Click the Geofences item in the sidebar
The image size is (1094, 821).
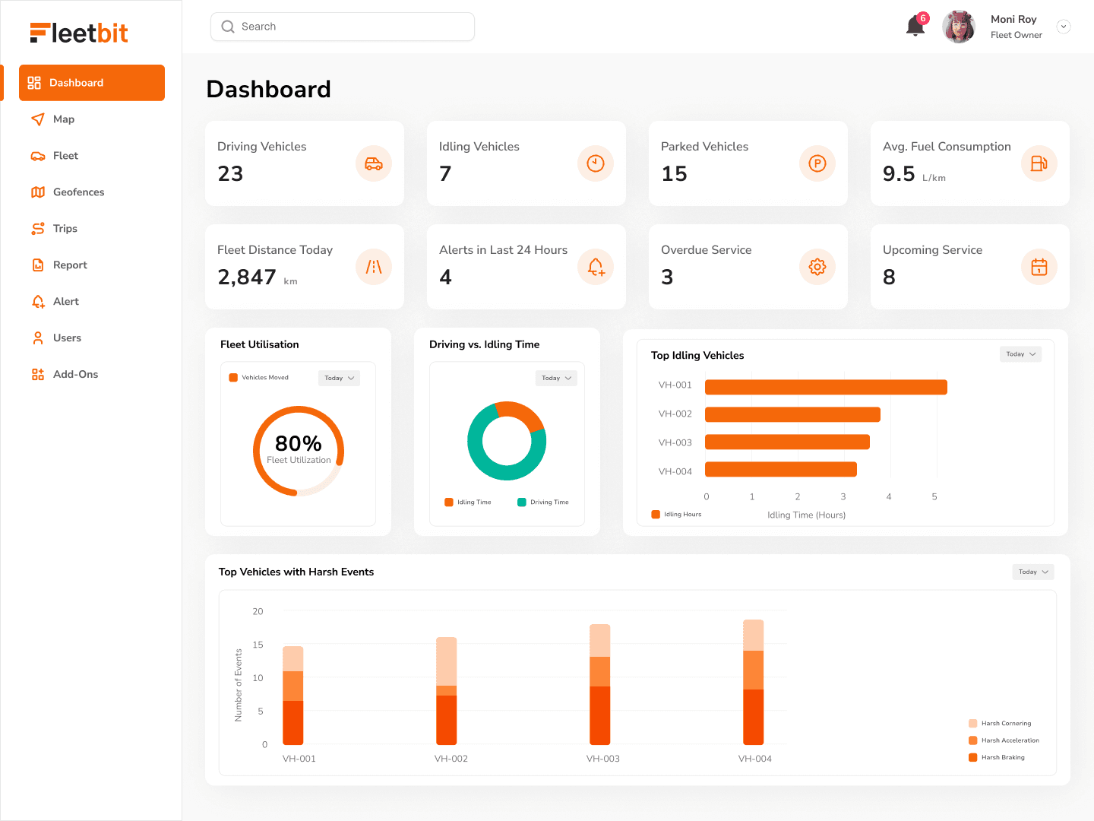point(77,192)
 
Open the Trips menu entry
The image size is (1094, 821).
point(65,229)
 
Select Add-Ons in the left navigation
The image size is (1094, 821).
point(74,375)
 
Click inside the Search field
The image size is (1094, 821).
point(342,27)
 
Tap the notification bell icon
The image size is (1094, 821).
point(915,27)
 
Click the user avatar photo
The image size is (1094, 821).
point(959,27)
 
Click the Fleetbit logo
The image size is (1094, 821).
point(79,33)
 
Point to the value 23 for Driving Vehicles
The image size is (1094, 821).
point(230,174)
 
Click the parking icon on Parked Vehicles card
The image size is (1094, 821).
point(817,163)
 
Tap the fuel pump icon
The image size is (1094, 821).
point(1039,163)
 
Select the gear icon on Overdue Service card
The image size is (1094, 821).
point(817,267)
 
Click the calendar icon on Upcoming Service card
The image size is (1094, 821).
point(1039,267)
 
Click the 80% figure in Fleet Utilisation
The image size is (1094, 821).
point(298,443)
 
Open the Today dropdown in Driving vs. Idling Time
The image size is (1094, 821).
point(556,378)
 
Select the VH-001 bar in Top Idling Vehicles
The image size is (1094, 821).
point(826,387)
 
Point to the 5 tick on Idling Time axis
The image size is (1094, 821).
point(934,496)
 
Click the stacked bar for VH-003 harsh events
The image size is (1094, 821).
point(600,684)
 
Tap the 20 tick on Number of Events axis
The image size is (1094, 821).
point(258,611)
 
